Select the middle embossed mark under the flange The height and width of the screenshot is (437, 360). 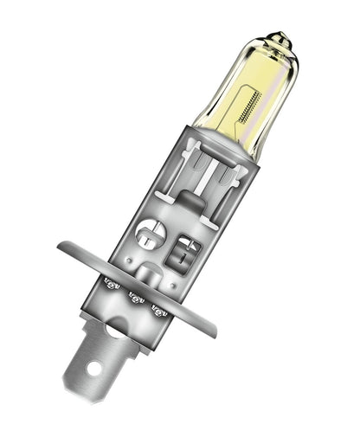[x=134, y=297]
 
